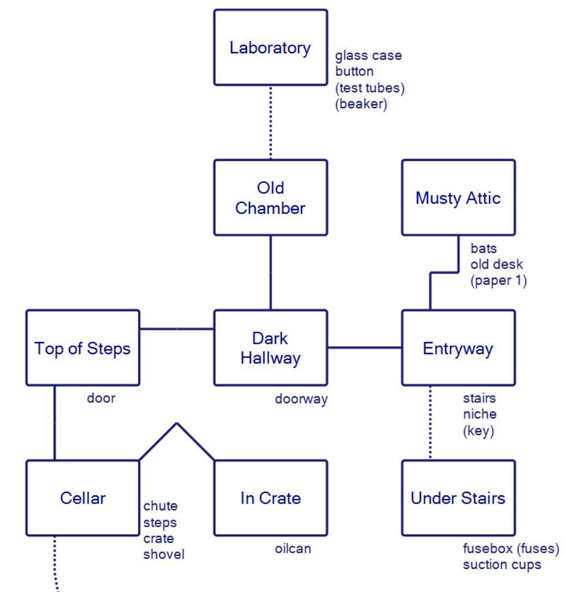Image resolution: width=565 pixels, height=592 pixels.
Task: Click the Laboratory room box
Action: pyautogui.click(x=270, y=47)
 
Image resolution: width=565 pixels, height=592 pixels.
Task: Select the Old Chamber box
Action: pyautogui.click(x=270, y=198)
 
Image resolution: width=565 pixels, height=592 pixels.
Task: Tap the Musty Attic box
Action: pyautogui.click(x=458, y=198)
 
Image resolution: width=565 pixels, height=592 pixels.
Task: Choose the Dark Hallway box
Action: pyautogui.click(x=270, y=348)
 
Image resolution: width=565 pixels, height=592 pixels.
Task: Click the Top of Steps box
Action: pyautogui.click(x=83, y=348)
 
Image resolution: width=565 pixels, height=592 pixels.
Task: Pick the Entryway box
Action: pyautogui.click(x=458, y=348)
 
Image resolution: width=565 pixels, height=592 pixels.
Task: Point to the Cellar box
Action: pyautogui.click(x=83, y=498)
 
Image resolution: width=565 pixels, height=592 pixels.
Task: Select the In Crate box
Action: pyautogui.click(x=270, y=498)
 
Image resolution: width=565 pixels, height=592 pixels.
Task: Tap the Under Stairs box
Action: pyautogui.click(x=458, y=498)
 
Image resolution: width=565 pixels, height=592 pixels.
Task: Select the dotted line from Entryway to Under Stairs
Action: pyautogui.click(x=430, y=422)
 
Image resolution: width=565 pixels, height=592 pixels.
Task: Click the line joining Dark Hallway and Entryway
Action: pyautogui.click(x=365, y=348)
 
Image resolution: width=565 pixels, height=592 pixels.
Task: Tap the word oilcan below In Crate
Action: pyautogui.click(x=293, y=549)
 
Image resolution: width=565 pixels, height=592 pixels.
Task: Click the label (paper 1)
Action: pyautogui.click(x=498, y=281)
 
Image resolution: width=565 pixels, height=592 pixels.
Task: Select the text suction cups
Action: pyautogui.click(x=502, y=564)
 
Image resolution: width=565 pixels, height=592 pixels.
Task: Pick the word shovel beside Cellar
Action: pyautogui.click(x=164, y=554)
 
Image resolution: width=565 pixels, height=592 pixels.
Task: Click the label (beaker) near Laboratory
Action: pyautogui.click(x=361, y=105)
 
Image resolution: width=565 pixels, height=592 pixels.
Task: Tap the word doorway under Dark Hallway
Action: pyautogui.click(x=301, y=399)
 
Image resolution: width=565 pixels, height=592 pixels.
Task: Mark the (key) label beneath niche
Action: pyautogui.click(x=478, y=431)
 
